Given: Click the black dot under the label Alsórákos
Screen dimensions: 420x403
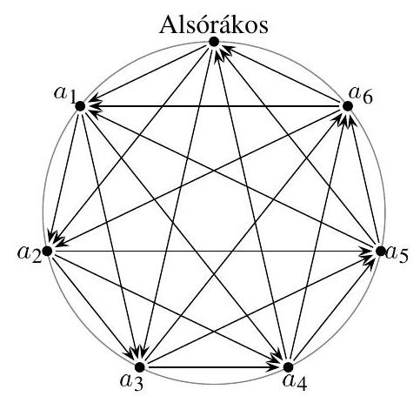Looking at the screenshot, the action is click(x=214, y=42).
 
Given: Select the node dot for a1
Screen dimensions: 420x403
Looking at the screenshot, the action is click(x=80, y=106).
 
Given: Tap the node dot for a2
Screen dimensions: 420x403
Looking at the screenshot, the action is click(x=47, y=251).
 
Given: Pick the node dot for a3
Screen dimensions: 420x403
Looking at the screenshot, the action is click(x=140, y=367).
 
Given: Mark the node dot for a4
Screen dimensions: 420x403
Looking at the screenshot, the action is click(x=288, y=367).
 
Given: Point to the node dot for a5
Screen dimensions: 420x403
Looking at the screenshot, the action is click(x=380, y=251).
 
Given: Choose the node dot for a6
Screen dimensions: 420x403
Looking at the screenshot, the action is click(x=348, y=106).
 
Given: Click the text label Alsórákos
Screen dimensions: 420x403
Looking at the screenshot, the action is click(x=214, y=25).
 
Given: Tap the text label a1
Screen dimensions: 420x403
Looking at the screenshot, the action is click(x=65, y=95).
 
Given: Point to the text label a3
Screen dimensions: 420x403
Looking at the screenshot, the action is click(x=132, y=382).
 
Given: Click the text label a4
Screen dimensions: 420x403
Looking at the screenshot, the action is click(x=295, y=382).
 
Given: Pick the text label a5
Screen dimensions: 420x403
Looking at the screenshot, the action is click(x=397, y=254).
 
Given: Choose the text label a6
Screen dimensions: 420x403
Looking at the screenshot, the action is click(x=361, y=95).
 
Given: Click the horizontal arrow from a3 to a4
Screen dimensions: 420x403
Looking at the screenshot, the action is click(x=214, y=367).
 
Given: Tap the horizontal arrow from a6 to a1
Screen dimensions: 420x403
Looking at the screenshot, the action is click(x=214, y=106).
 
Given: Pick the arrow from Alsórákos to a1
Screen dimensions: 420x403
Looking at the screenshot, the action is click(x=147, y=74).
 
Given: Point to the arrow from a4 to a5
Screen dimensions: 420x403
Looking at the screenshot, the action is click(x=334, y=309).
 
